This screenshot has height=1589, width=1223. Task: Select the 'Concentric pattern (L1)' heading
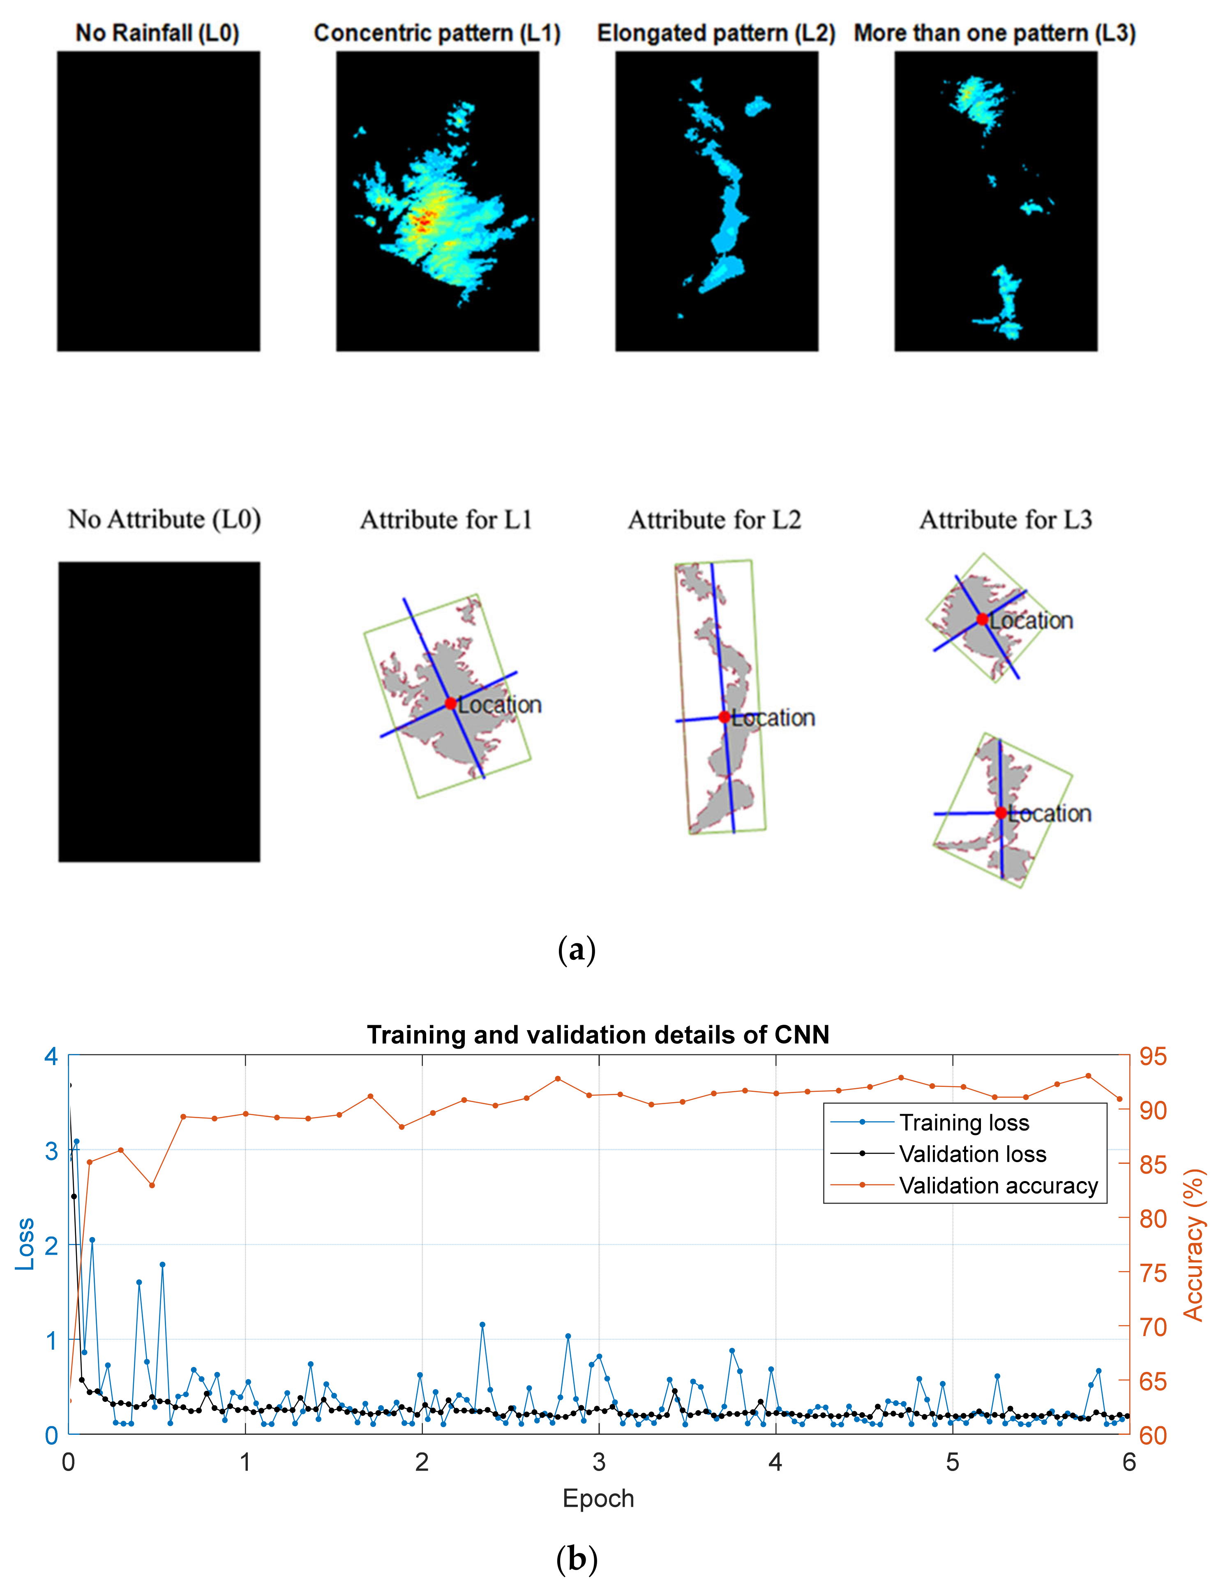point(437,33)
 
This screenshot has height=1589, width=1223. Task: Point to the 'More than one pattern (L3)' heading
point(994,33)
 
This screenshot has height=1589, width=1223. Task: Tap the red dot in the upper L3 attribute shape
point(982,619)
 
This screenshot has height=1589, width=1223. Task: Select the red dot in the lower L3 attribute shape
point(1001,813)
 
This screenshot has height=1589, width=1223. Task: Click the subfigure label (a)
point(577,950)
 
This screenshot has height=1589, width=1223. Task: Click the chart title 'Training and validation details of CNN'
point(598,1035)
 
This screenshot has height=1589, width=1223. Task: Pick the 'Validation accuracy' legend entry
point(998,1185)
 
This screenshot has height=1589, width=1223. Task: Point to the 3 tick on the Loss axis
point(51,1151)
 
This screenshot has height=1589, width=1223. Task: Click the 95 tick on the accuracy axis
point(1152,1056)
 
